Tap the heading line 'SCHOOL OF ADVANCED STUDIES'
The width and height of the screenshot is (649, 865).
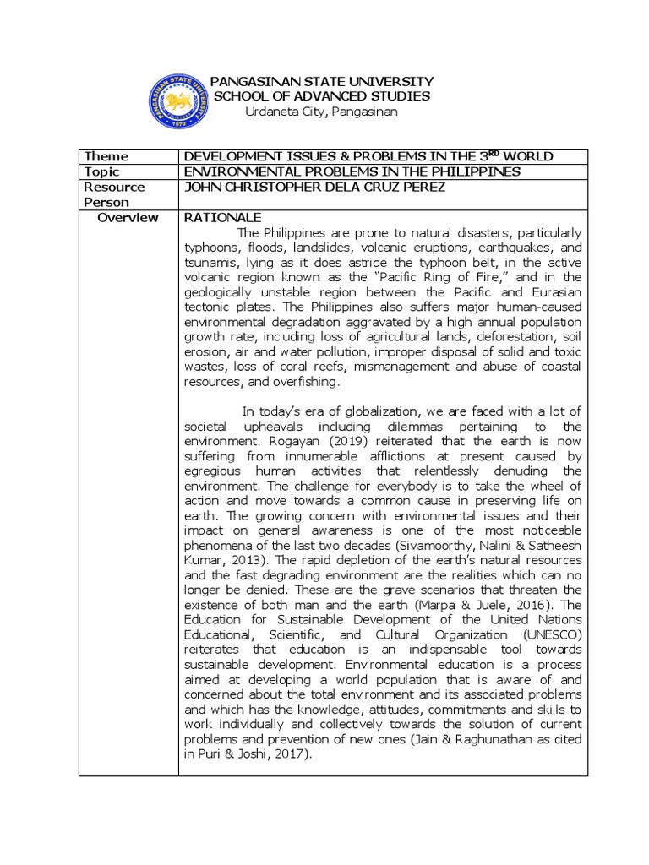coord(322,96)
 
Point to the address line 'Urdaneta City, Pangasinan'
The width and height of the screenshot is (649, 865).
coord(320,112)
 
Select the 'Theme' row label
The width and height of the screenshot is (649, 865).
coord(106,156)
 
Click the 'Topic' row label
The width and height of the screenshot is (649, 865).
coord(106,171)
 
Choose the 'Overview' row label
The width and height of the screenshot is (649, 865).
coord(128,217)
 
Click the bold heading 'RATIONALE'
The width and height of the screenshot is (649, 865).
coord(215,217)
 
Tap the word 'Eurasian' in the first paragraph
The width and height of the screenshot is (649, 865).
coord(554,291)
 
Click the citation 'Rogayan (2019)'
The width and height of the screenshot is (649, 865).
coord(301,442)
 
